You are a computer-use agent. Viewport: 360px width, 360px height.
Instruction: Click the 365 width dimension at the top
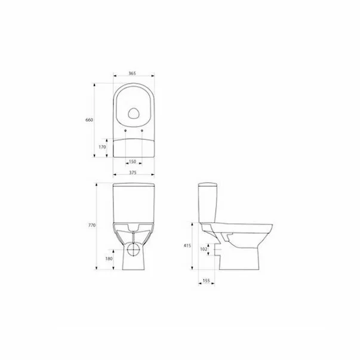tap(133, 73)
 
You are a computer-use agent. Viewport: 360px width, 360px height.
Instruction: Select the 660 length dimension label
tap(90, 121)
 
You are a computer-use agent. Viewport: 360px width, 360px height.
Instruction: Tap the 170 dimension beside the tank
tap(102, 146)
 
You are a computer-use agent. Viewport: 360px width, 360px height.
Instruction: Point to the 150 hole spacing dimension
tap(133, 162)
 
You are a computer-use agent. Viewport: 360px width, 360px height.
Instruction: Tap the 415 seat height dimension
tap(187, 245)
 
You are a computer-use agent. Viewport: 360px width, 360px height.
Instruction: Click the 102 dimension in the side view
tap(204, 249)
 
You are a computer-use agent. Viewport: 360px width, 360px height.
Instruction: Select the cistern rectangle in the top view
tap(133, 146)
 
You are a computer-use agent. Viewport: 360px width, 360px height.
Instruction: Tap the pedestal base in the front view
tap(134, 263)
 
